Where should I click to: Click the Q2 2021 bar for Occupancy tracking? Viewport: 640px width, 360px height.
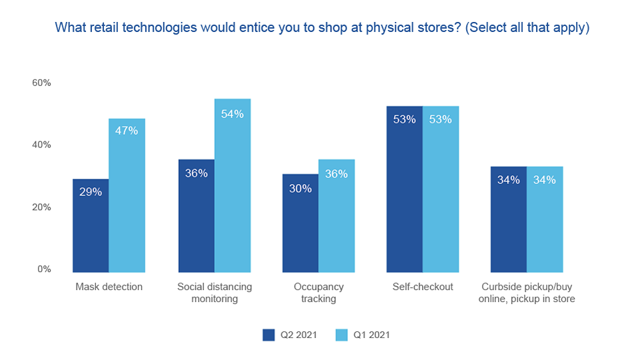point(300,223)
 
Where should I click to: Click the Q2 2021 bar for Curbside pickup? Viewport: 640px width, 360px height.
point(509,219)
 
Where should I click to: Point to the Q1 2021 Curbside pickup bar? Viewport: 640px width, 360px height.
point(545,219)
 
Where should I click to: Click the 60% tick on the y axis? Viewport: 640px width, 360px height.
point(41,83)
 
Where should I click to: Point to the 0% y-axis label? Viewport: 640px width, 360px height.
point(44,269)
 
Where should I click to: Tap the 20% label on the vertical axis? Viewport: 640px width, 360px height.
point(41,207)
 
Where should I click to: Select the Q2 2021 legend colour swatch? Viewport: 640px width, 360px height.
point(269,335)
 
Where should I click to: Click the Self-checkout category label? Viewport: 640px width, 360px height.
point(423,287)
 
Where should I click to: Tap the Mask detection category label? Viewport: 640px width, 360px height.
point(109,287)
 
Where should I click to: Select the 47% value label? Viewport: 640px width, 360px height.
point(127,131)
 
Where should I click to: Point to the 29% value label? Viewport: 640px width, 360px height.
point(91,191)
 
